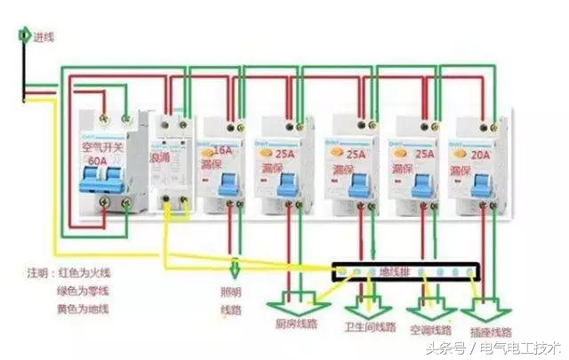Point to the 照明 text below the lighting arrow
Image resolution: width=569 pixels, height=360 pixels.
[230, 292]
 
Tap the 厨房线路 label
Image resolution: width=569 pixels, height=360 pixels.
[298, 323]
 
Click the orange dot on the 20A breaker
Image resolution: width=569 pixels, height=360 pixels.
[464, 153]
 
